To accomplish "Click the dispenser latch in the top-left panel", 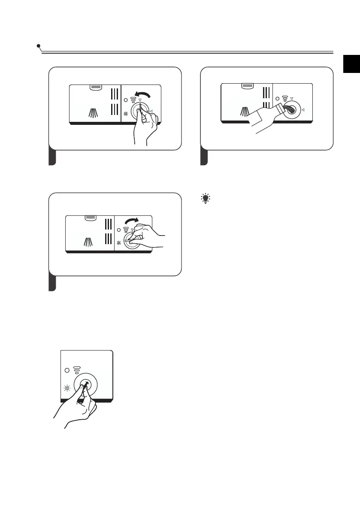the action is tap(95, 87).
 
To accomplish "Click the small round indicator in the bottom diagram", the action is tap(67, 370).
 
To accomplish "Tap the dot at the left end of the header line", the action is tap(39, 45).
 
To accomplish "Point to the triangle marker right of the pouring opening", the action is tap(303, 110).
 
